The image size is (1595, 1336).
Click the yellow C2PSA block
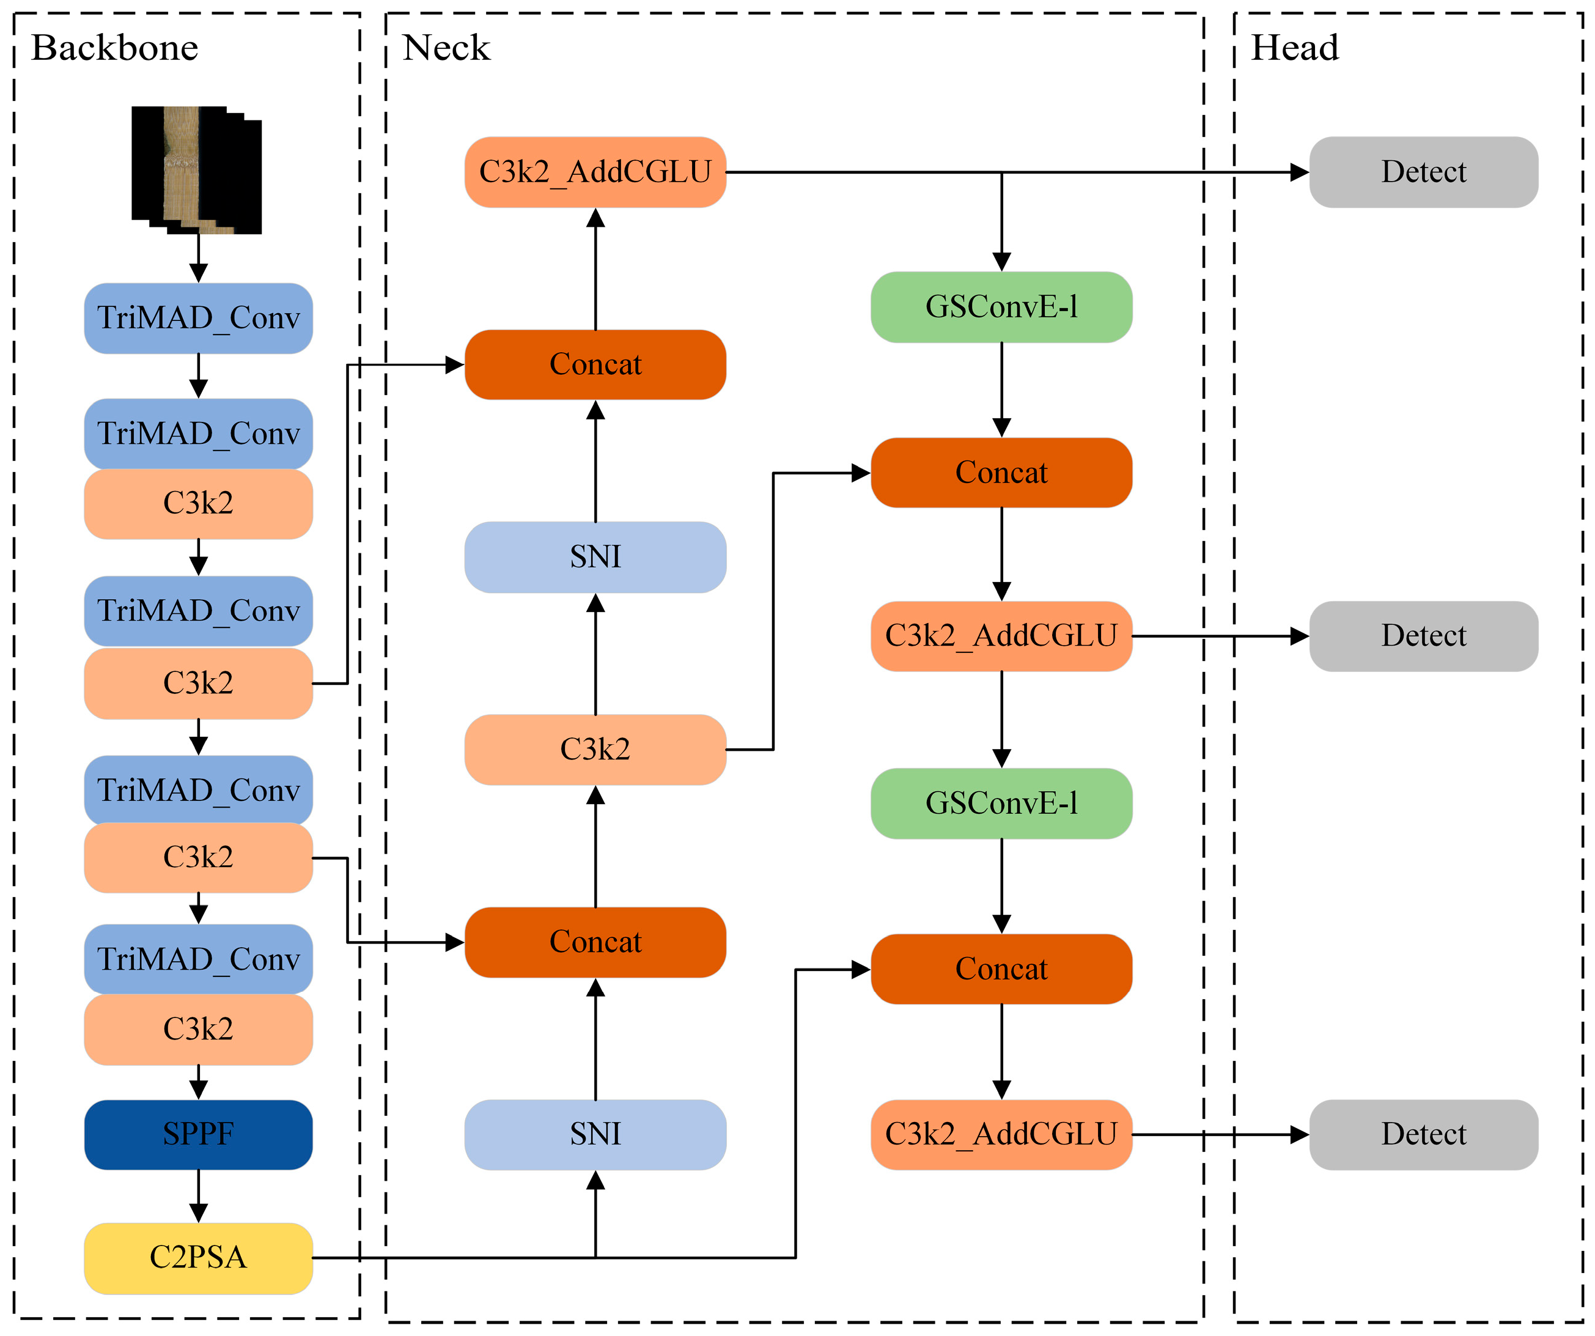(x=198, y=1258)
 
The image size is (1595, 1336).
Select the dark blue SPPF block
(x=198, y=1135)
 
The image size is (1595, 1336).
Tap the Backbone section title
(x=115, y=48)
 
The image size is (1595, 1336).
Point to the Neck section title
(x=446, y=48)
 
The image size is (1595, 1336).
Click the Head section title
(x=1294, y=48)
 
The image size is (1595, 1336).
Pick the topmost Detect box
(x=1423, y=172)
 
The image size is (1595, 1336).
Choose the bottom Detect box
(x=1423, y=1135)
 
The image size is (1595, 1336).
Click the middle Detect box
(x=1423, y=637)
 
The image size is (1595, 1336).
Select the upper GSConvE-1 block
(x=1001, y=307)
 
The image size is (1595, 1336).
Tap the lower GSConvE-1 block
(x=1001, y=803)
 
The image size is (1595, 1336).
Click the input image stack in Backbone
(x=197, y=170)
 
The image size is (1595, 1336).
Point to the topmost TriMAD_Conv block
(x=198, y=318)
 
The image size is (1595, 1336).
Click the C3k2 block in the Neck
(x=595, y=750)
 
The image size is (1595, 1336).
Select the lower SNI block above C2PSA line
(x=595, y=1135)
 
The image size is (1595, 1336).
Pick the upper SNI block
(x=595, y=557)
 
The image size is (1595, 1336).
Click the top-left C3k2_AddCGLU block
(x=595, y=172)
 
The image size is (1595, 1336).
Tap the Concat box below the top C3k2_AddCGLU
(x=595, y=364)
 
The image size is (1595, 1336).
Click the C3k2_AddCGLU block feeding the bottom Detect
(x=1001, y=1135)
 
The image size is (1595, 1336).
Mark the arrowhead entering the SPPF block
(x=198, y=1091)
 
